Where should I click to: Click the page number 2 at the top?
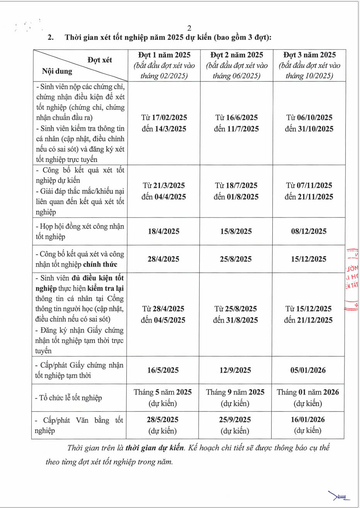(189, 28)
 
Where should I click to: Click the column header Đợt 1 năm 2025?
(164, 55)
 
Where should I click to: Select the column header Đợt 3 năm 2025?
(309, 55)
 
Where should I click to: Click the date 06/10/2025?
(315, 117)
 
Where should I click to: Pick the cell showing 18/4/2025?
(163, 231)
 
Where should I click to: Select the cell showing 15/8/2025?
(236, 231)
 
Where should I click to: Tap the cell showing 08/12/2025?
(309, 231)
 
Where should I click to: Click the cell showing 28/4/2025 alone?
(163, 259)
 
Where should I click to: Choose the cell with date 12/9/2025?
(236, 370)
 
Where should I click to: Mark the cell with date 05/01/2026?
(308, 370)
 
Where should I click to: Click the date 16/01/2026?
(308, 420)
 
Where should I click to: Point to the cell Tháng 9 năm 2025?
(235, 392)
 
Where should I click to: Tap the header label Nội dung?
(57, 71)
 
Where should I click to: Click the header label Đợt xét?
(100, 60)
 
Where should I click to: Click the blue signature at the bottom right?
(339, 496)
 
